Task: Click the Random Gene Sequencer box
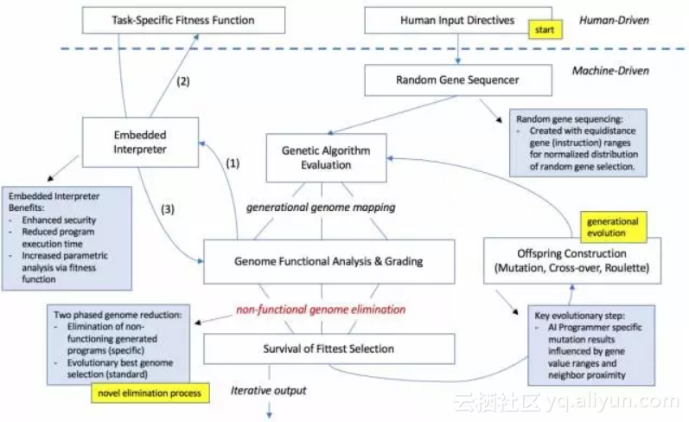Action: pyautogui.click(x=457, y=80)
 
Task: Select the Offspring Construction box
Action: pyautogui.click(x=573, y=260)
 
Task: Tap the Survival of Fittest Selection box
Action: pyautogui.click(x=329, y=348)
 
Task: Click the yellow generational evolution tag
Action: pyautogui.click(x=612, y=227)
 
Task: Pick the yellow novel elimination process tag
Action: pyautogui.click(x=150, y=393)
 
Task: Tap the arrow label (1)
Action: pyautogui.click(x=233, y=161)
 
